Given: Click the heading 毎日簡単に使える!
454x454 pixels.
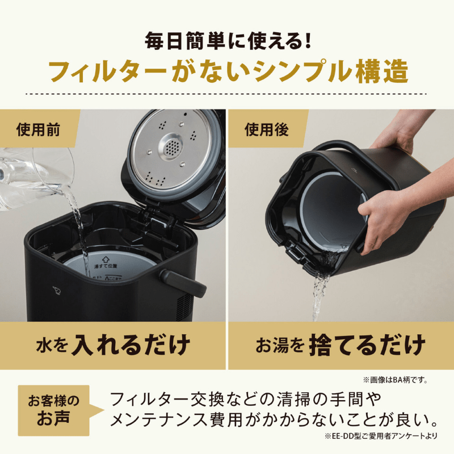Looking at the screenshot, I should pyautogui.click(x=226, y=41).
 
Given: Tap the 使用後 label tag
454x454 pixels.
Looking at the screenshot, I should pyautogui.click(x=266, y=129).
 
